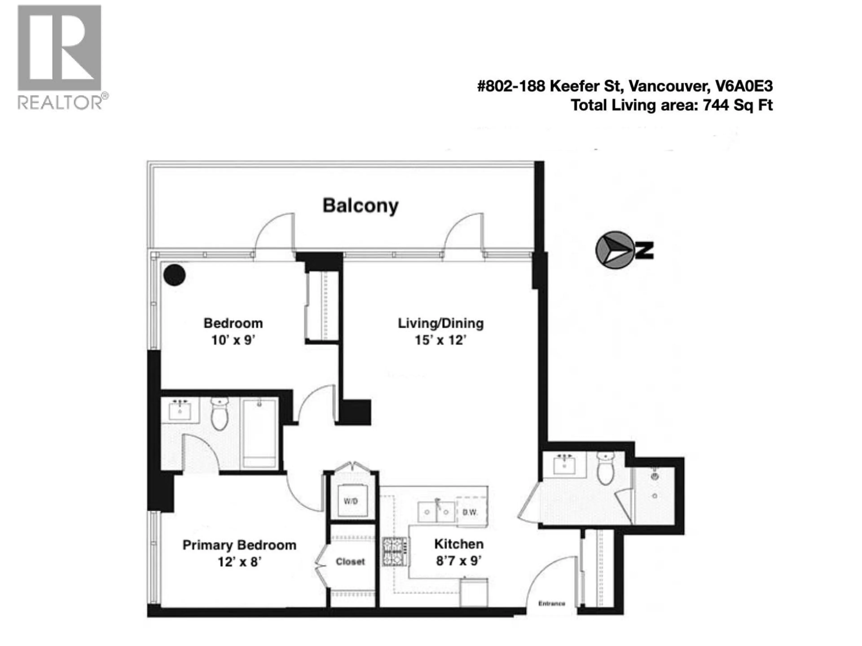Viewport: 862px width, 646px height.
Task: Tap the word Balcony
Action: click(x=361, y=206)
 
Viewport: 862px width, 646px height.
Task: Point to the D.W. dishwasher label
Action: click(x=470, y=513)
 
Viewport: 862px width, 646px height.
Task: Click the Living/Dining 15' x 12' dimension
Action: click(x=440, y=340)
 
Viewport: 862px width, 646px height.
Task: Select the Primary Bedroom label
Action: click(x=239, y=545)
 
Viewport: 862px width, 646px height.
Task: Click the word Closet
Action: click(x=350, y=561)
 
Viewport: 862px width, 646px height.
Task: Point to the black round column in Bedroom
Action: click(x=174, y=275)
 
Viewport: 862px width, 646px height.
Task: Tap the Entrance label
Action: click(x=551, y=604)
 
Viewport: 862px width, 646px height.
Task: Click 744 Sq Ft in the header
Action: click(x=738, y=105)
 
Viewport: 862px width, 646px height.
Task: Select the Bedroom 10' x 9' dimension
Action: click(x=233, y=340)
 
